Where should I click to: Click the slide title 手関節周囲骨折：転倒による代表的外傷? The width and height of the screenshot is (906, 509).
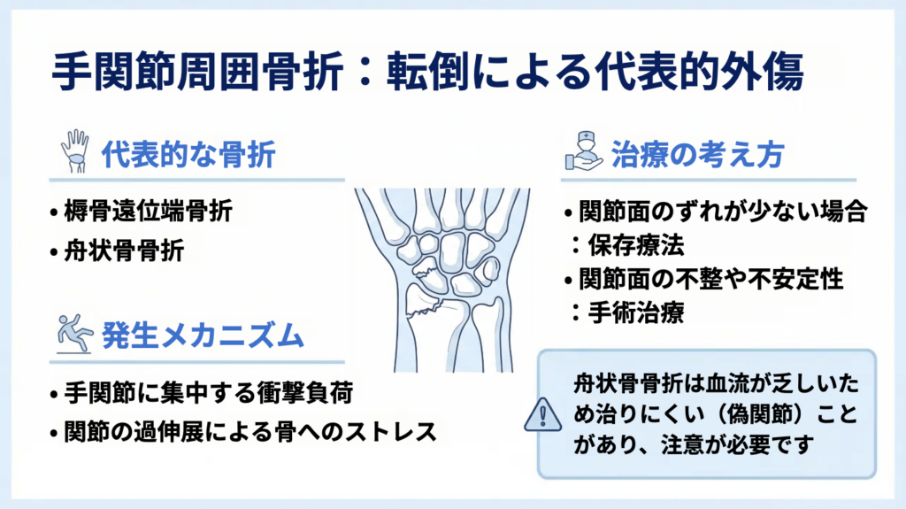(x=427, y=73)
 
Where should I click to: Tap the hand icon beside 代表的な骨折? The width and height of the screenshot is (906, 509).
(x=75, y=151)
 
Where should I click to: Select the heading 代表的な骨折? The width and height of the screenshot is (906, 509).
(x=188, y=154)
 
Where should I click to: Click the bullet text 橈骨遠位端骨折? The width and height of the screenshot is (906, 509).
(x=148, y=211)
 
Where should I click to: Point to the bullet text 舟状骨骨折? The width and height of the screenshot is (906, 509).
(x=124, y=251)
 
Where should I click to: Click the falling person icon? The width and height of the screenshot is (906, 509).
(x=74, y=333)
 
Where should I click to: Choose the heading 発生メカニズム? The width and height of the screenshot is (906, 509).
(x=203, y=335)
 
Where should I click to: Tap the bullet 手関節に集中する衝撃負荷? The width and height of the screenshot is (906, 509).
(x=209, y=393)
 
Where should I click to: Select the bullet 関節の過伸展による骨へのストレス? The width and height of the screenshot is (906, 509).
(x=250, y=432)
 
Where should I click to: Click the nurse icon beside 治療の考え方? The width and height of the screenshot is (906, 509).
(x=584, y=151)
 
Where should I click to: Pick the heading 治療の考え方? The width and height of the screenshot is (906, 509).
(x=697, y=155)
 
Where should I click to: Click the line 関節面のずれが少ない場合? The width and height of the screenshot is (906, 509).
(x=723, y=212)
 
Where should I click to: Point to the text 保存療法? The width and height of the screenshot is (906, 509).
(x=636, y=246)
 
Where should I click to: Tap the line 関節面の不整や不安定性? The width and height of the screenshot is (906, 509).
(x=711, y=280)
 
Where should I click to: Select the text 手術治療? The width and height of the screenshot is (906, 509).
(x=636, y=312)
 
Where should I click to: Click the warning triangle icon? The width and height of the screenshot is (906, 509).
(x=542, y=414)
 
